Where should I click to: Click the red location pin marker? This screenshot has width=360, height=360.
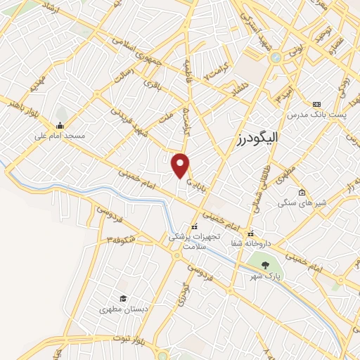[x=181, y=165]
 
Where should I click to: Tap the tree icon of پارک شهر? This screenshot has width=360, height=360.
[x=264, y=266]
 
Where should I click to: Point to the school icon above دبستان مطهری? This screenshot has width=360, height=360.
[x=123, y=298]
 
